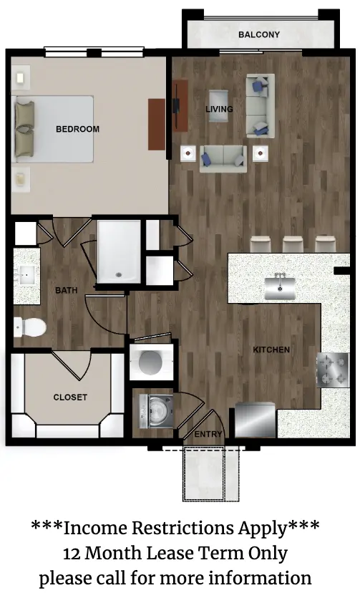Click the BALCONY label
(259, 35)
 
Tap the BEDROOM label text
(77, 129)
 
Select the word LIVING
(219, 110)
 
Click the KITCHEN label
(271, 349)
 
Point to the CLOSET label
(70, 397)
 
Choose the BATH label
(66, 291)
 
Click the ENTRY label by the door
(208, 434)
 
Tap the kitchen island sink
(280, 288)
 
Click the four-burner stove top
(333, 370)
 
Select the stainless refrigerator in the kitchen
(256, 420)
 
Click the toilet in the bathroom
(30, 327)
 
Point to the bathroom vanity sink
(26, 275)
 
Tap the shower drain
(119, 275)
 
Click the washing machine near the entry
(156, 412)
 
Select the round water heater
(150, 362)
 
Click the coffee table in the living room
(219, 106)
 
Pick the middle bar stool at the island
(293, 244)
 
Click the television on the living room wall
(176, 105)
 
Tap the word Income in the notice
(96, 528)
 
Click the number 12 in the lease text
(72, 554)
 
